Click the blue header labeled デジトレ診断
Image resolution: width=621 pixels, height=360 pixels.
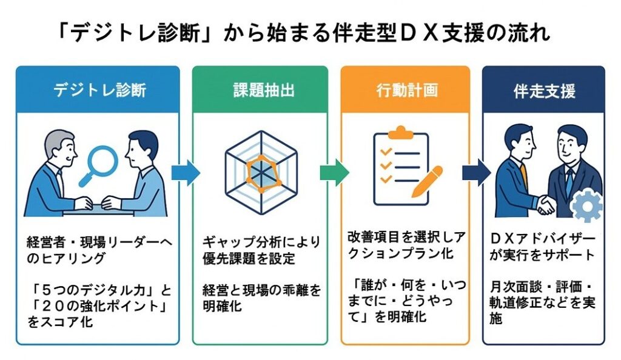[x=99, y=90]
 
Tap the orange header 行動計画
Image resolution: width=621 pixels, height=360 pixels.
[x=405, y=90]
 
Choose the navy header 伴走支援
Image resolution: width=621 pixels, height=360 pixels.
[x=544, y=90]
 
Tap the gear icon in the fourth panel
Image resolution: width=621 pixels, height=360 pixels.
[x=586, y=206]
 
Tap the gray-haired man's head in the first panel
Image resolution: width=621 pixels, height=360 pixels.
[x=55, y=145]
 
